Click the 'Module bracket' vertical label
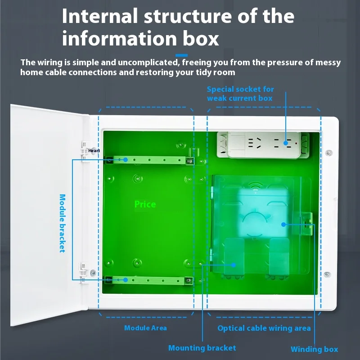63,223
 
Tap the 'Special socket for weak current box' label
240,94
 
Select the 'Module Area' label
145,328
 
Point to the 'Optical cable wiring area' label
264,328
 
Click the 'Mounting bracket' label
202,348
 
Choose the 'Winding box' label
314,349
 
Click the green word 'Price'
145,204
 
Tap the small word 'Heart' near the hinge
94,151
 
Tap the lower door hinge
83,272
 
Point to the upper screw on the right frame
328,153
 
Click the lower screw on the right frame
327,274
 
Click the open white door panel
45,207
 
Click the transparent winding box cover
261,225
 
